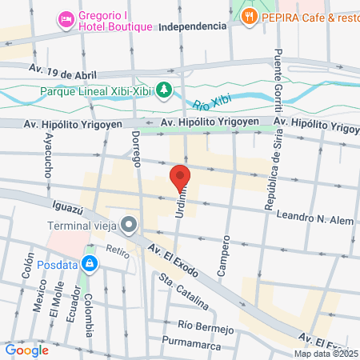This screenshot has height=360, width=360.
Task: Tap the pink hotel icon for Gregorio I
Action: click(66, 18)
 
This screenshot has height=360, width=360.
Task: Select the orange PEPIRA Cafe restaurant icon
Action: click(250, 15)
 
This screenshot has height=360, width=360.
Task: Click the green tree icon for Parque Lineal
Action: click(163, 90)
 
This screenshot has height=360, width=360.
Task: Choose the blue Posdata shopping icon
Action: click(90, 262)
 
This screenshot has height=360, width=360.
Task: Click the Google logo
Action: click(26, 350)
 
